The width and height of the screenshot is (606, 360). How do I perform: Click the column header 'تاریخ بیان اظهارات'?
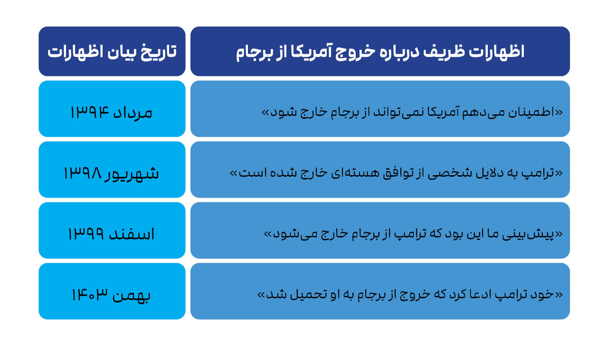click(x=112, y=52)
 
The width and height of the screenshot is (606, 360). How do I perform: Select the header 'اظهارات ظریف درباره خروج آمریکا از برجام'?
click(x=380, y=52)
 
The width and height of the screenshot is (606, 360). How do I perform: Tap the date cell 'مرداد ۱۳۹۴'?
click(x=112, y=113)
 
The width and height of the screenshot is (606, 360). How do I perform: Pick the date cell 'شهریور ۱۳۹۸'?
click(x=112, y=173)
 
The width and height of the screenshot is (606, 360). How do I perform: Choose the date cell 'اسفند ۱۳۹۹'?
click(x=112, y=234)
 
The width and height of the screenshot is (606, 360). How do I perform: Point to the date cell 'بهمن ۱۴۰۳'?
click(x=112, y=295)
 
